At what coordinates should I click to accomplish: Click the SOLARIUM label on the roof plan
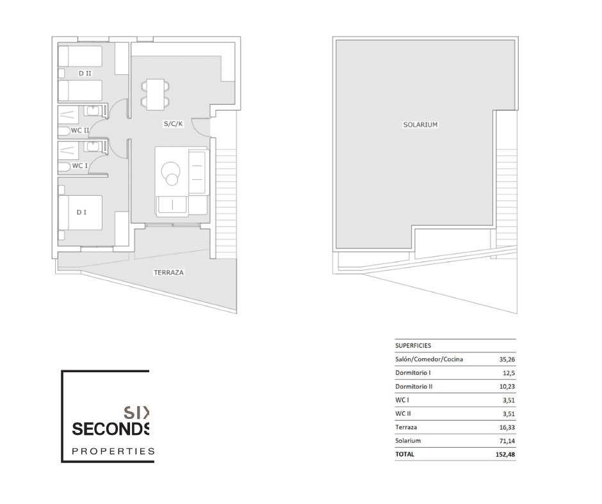click(420, 125)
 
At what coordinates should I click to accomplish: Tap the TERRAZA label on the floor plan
click(168, 272)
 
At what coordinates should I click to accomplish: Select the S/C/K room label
click(173, 124)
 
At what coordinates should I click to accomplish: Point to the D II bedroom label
click(85, 74)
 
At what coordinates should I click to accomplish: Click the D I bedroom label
click(81, 212)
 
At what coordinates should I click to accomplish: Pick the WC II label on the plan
click(80, 130)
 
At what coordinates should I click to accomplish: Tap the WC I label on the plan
click(79, 166)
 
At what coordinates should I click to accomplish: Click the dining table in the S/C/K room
click(155, 95)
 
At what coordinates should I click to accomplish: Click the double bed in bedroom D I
click(80, 213)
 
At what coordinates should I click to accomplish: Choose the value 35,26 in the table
click(507, 359)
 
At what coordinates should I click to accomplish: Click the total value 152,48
click(505, 455)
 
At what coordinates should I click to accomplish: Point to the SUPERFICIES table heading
click(413, 345)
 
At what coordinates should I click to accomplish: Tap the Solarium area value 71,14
click(507, 441)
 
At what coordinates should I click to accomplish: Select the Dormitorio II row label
click(414, 386)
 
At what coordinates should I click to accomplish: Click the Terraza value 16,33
click(507, 427)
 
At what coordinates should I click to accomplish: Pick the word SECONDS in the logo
click(111, 429)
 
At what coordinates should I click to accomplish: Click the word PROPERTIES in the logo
click(113, 451)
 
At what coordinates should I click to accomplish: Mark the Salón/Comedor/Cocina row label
click(429, 359)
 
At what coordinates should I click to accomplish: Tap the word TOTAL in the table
click(405, 455)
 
